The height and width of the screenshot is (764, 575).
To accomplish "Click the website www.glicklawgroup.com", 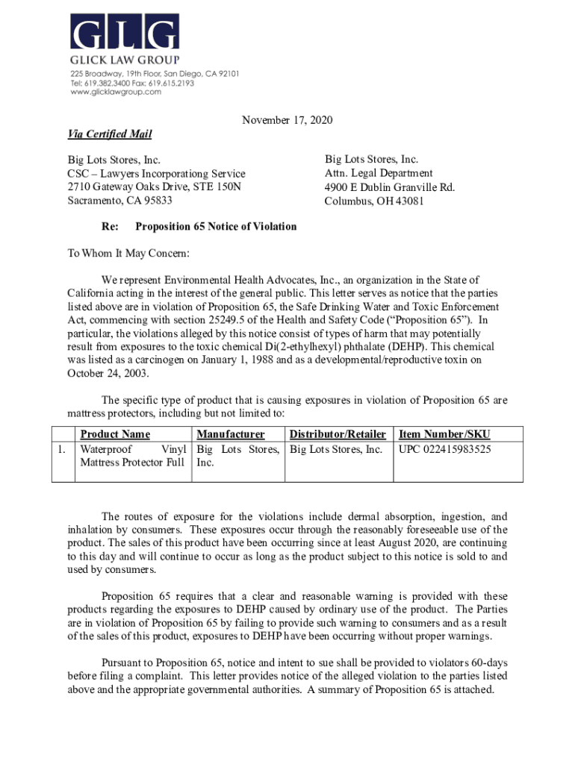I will (x=116, y=93).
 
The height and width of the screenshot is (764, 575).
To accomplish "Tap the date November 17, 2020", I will (x=287, y=120).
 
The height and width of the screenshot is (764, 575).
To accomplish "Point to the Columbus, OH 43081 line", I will (x=374, y=201).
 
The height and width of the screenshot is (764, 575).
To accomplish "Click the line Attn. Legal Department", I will (x=378, y=173).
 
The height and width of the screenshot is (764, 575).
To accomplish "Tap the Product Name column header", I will (x=115, y=434).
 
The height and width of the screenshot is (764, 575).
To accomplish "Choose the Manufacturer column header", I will (x=231, y=434).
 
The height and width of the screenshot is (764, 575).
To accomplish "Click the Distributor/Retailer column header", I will (x=338, y=434).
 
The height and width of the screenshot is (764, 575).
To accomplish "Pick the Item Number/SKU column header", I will (x=444, y=434).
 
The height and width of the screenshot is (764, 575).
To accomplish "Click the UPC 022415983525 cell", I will (x=445, y=449).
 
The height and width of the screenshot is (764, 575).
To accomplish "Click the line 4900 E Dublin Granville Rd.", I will (x=389, y=187).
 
